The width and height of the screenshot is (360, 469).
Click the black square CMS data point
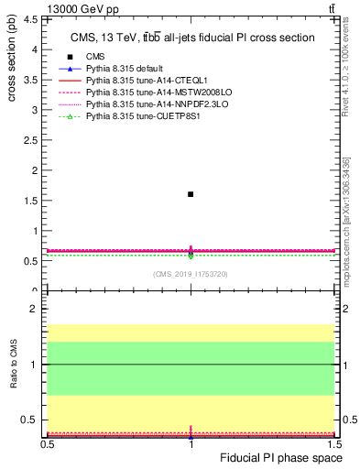[x=191, y=194]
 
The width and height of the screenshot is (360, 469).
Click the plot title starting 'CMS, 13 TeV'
[x=192, y=38]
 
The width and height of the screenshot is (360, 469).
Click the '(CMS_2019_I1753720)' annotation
[x=191, y=274]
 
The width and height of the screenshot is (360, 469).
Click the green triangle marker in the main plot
[x=191, y=256]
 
